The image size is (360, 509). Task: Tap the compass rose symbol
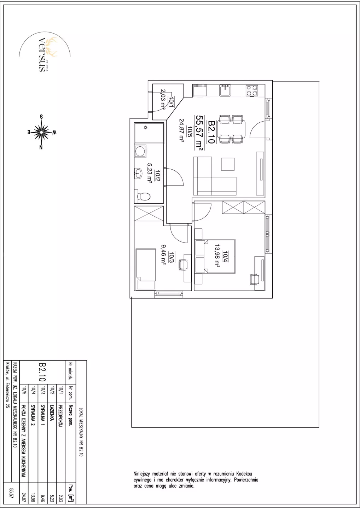click(41, 132)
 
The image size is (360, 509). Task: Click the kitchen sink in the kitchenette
click(225, 90)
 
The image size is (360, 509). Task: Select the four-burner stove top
click(252, 90)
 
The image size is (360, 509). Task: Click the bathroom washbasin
click(138, 174)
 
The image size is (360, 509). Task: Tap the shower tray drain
click(146, 128)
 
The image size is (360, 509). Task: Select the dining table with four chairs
click(231, 129)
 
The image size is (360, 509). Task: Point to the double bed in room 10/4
click(215, 256)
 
